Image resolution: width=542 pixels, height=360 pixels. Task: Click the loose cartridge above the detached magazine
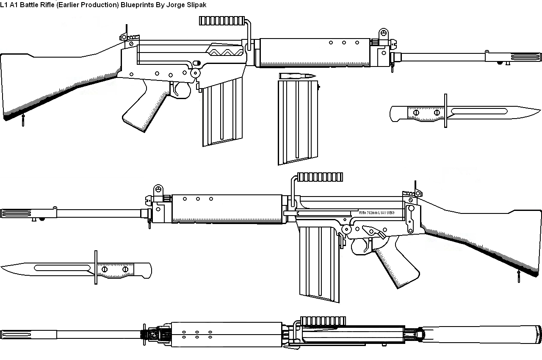click(297, 76)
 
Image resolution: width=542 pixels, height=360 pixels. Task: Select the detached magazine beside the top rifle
click(298, 121)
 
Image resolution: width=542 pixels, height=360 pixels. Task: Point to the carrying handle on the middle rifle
click(320, 177)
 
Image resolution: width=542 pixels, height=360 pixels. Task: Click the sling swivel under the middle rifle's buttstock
click(519, 277)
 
